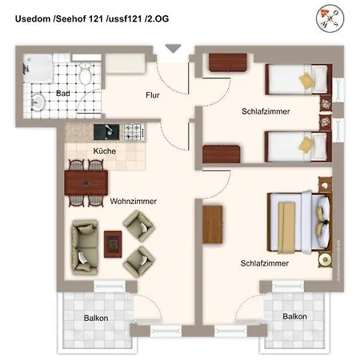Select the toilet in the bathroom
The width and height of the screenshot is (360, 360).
pyautogui.click(x=86, y=75)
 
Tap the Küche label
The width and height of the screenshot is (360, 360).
pyautogui.click(x=104, y=150)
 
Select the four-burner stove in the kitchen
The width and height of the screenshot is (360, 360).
pyautogui.click(x=133, y=130)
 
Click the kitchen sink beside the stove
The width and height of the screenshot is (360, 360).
pyautogui.click(x=105, y=130)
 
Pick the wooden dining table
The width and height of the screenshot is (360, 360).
pyautogui.click(x=86, y=182)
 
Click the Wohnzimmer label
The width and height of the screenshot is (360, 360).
pyautogui.click(x=134, y=202)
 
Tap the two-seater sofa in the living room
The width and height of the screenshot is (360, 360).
pyautogui.click(x=82, y=244)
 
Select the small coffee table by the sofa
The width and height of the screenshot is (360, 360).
pyautogui.click(x=114, y=242)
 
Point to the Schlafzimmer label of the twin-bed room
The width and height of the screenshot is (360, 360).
pyautogui.click(x=265, y=112)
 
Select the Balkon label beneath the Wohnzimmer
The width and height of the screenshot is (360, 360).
pyautogui.click(x=96, y=318)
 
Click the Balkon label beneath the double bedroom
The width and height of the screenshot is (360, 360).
pyautogui.click(x=294, y=317)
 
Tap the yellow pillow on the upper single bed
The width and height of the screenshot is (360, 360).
pyautogui.click(x=307, y=79)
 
